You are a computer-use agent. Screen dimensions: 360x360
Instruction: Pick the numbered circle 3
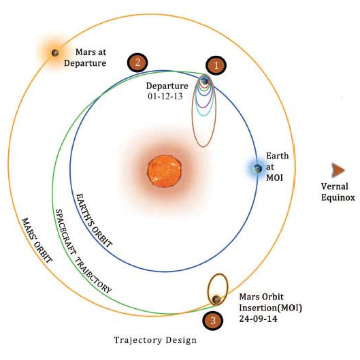(x=213, y=319)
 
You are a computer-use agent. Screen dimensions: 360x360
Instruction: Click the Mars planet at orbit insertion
(x=216, y=299)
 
